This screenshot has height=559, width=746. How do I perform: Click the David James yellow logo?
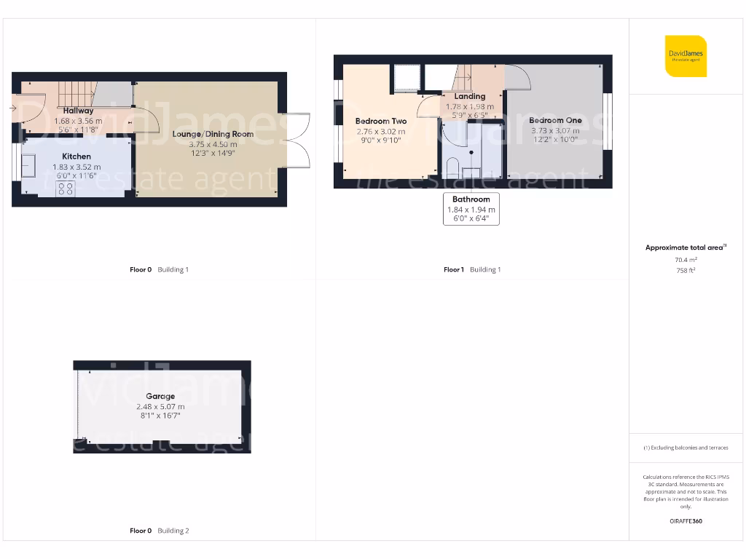point(686,56)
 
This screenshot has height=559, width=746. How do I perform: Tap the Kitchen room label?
point(76,156)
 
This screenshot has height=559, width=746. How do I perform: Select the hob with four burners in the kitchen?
point(65,189)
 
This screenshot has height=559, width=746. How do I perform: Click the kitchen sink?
point(31,166)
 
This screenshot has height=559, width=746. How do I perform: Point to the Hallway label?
point(78,111)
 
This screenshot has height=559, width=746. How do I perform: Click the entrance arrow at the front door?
point(13,108)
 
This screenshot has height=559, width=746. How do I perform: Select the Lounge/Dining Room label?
point(213,134)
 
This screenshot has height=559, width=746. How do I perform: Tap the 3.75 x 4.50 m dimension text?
point(213,143)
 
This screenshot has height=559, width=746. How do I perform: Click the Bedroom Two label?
point(381,121)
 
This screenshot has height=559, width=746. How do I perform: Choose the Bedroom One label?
point(555,121)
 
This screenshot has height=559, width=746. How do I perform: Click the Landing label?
point(469,96)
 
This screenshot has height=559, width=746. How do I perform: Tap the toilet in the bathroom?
point(452,167)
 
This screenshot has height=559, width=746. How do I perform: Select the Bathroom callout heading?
point(471,199)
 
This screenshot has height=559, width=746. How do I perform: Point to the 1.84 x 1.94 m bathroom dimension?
point(471,210)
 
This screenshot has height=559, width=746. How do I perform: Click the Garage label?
point(161,397)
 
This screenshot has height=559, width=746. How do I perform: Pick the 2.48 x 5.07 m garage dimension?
point(161,406)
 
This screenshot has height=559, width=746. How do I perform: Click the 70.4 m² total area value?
point(685,259)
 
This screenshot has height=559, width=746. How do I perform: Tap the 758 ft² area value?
point(685,269)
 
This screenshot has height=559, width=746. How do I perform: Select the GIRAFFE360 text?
point(686,521)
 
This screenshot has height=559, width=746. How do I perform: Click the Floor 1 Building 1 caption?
point(472,269)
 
